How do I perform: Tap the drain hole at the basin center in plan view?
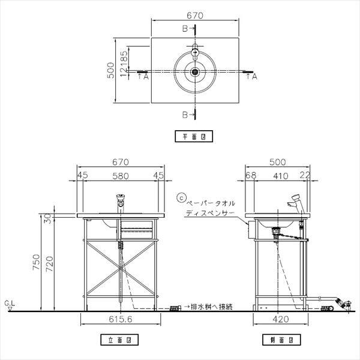(194, 73)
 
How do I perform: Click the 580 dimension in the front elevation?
(119, 176)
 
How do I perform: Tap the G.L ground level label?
(9, 305)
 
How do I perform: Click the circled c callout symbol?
(181, 196)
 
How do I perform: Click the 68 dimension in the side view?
(251, 176)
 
